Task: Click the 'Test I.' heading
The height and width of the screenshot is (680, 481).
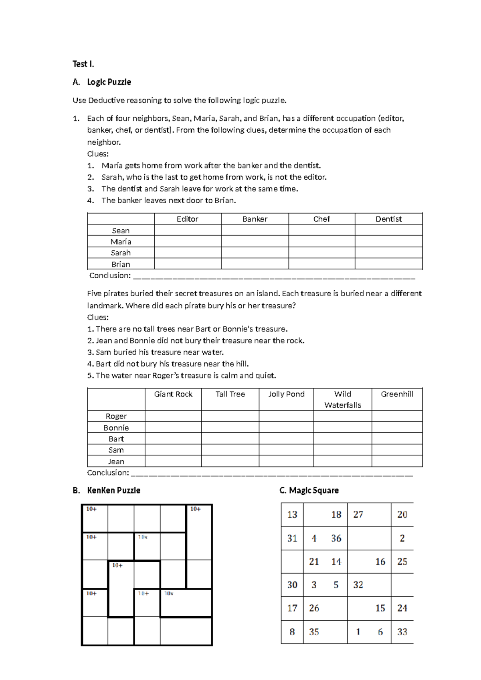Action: [x=83, y=64]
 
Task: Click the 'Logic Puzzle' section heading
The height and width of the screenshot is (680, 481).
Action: [x=109, y=82]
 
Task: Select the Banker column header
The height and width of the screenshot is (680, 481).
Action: [x=255, y=219]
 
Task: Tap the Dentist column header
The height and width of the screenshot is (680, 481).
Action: [x=388, y=219]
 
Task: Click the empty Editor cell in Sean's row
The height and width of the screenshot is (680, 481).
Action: [x=188, y=230]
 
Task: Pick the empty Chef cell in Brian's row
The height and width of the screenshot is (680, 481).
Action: [x=321, y=264]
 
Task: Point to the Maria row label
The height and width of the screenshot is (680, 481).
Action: [x=121, y=241]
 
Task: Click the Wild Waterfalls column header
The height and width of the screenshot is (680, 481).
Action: [x=342, y=399]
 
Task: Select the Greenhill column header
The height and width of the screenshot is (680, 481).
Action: [x=397, y=394]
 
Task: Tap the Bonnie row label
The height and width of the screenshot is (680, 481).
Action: [x=116, y=427]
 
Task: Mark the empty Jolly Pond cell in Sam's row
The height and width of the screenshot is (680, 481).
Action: [x=286, y=450]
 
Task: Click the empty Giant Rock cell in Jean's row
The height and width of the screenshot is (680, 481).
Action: [x=173, y=461]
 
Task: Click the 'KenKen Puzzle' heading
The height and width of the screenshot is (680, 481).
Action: [x=113, y=490]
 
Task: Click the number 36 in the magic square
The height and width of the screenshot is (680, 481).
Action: [x=336, y=538]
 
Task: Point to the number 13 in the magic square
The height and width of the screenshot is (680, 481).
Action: [x=292, y=514]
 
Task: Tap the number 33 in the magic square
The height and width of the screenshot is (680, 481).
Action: [x=402, y=632]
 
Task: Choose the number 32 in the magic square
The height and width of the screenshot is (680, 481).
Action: [x=358, y=585]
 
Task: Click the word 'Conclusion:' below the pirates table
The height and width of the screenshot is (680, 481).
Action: [x=108, y=473]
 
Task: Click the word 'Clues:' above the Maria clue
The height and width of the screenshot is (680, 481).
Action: [x=98, y=154]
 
